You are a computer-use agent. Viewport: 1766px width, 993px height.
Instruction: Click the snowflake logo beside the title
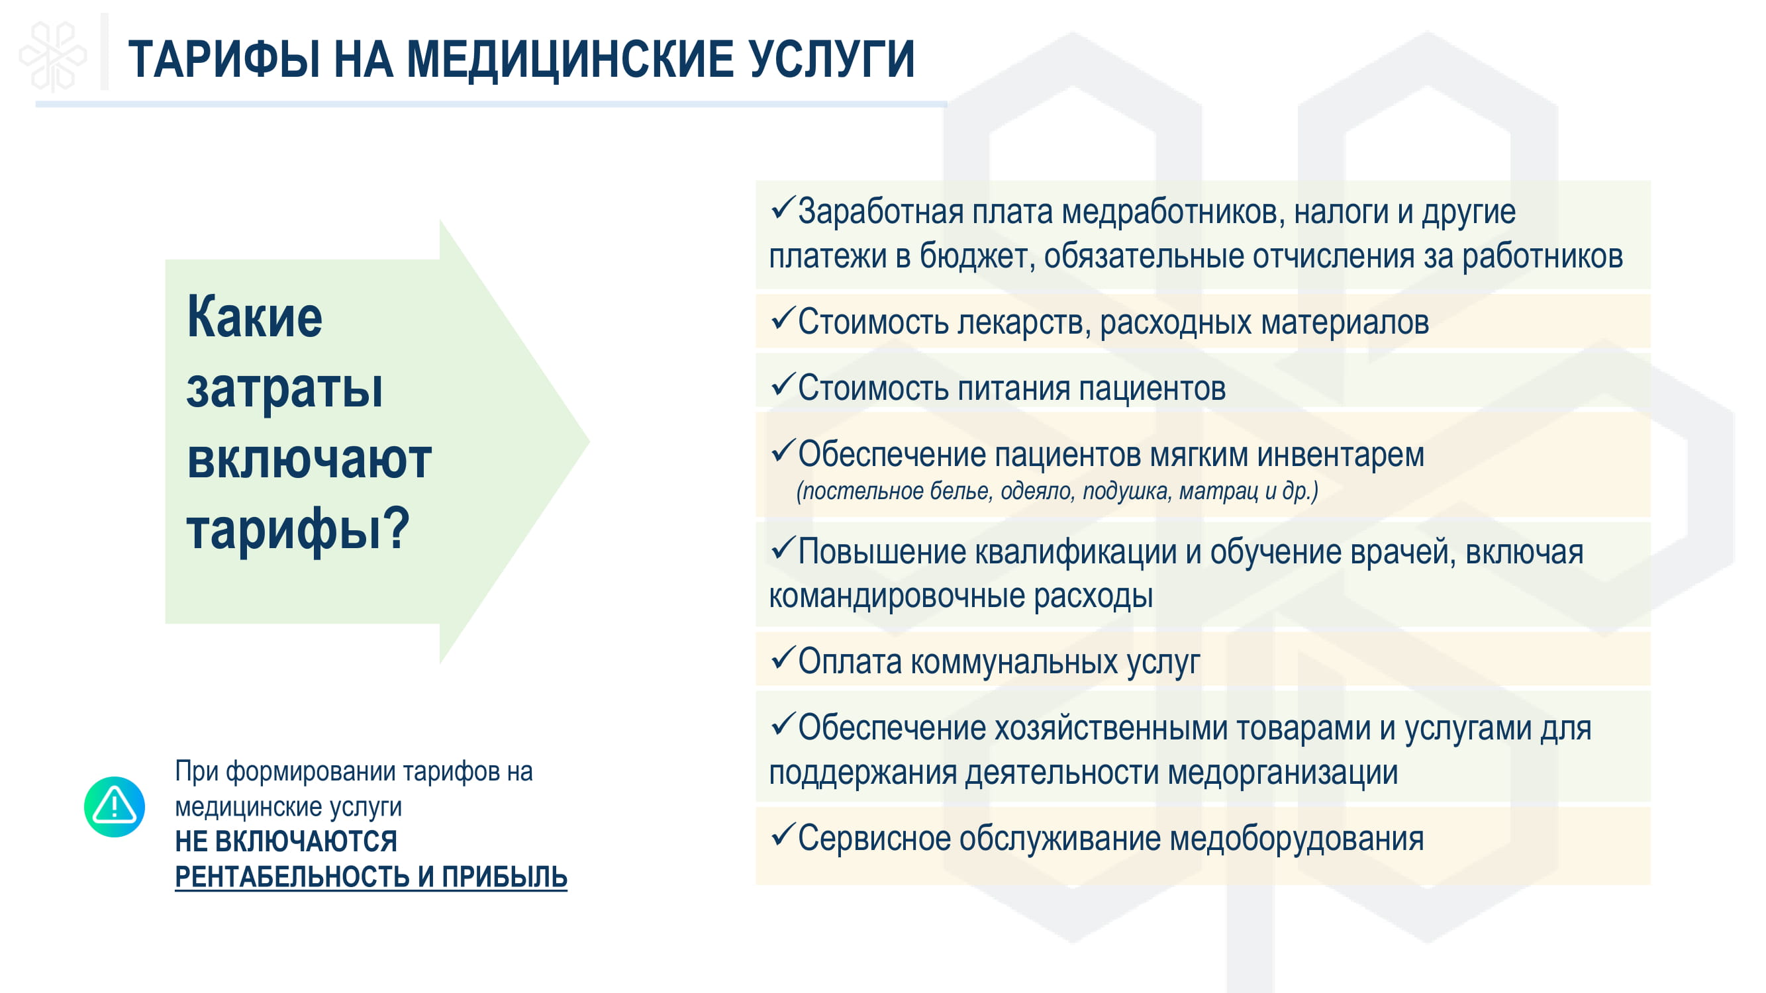tap(53, 56)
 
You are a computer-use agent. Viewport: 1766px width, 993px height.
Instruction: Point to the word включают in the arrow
tap(309, 459)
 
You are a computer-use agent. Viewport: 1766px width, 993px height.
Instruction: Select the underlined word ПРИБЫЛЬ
tap(504, 876)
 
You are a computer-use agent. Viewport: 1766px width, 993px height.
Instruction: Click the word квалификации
tap(1075, 553)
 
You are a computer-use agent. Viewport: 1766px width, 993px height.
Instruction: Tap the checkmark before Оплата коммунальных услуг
tap(782, 658)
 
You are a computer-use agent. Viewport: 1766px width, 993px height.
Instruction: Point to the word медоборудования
tap(1297, 839)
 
